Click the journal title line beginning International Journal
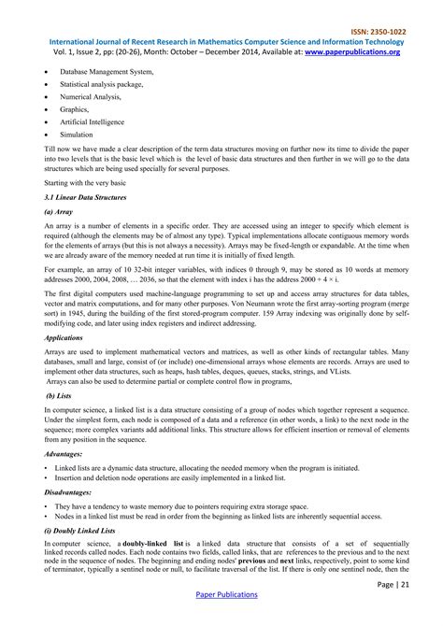(x=221, y=42)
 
